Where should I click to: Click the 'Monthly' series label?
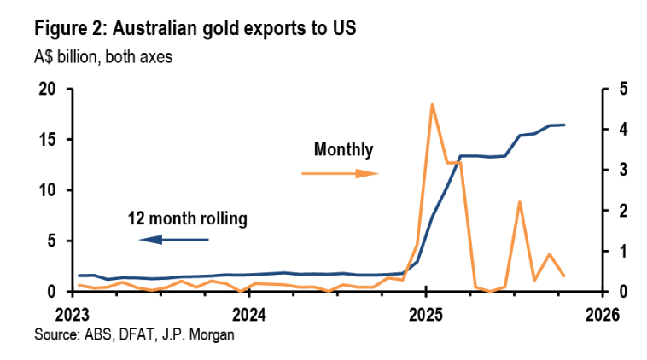point(343,150)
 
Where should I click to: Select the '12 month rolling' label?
point(187,219)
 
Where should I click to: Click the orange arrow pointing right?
point(341,173)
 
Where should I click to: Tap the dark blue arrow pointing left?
point(174,240)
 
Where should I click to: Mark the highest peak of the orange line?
point(432,105)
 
